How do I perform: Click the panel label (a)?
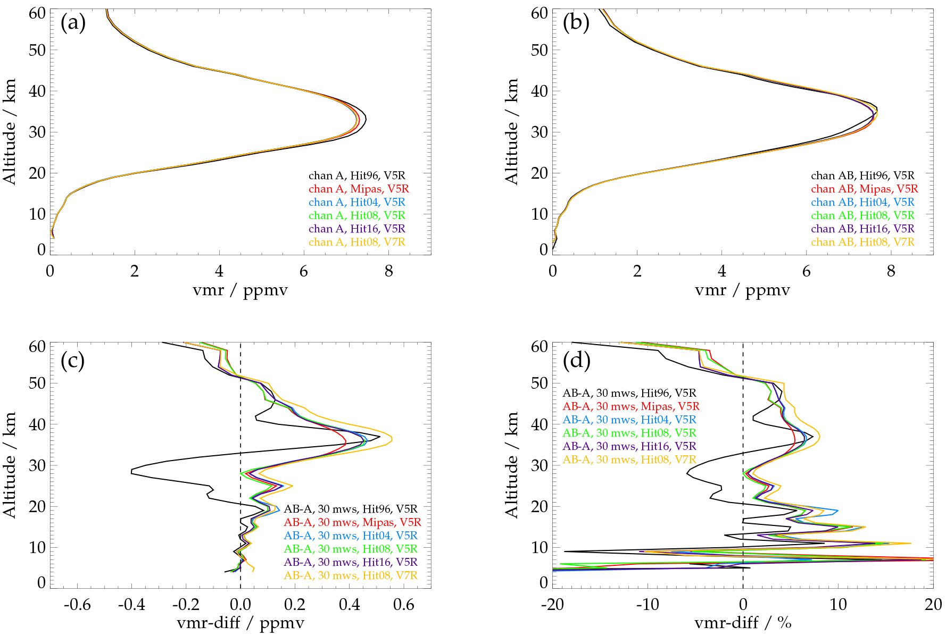73,23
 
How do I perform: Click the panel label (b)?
576,23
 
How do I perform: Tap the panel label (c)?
73,361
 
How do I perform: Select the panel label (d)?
576,361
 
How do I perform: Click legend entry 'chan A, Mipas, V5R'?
359,189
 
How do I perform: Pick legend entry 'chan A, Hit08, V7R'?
356,242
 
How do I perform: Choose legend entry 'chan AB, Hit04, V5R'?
862,202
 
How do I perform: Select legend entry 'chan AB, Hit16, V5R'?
862,229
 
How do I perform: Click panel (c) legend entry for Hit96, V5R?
351,509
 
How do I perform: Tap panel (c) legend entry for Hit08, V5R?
351,549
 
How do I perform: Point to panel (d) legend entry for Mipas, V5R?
631,406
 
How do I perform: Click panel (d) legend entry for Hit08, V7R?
629,459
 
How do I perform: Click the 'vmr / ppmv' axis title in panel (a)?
240,290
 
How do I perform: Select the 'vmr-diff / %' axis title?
743,623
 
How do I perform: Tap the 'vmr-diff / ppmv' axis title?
240,623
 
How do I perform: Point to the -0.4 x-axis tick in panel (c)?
131,605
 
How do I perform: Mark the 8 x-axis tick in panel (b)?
891,271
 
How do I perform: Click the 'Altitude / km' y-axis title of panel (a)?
10,131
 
